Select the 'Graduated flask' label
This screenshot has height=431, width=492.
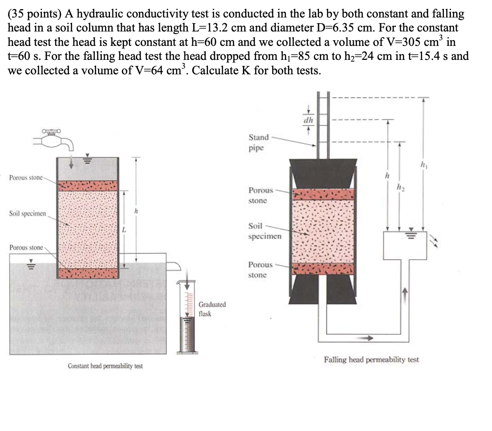pyautogui.click(x=212, y=309)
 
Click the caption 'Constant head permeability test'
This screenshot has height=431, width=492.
pyautogui.click(x=105, y=365)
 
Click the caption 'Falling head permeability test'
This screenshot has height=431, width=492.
pyautogui.click(x=371, y=359)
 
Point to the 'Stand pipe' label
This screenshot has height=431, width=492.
pyautogui.click(x=258, y=142)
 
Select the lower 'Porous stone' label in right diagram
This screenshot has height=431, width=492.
pyautogui.click(x=260, y=270)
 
